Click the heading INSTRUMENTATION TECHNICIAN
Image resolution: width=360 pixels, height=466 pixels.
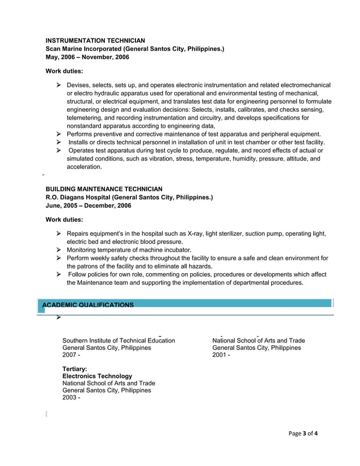pyautogui.click(x=95, y=41)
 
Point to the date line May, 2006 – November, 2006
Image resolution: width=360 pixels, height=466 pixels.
pyautogui.click(x=87, y=58)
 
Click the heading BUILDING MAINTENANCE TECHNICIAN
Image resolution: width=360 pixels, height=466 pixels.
pyautogui.click(x=104, y=189)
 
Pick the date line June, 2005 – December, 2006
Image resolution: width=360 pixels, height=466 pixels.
pyautogui.click(x=88, y=206)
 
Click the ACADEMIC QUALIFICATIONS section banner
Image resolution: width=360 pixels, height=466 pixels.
pyautogui.click(x=88, y=305)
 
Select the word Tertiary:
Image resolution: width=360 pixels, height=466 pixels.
pyautogui.click(x=74, y=368)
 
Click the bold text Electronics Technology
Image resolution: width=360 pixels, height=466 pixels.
pyautogui.click(x=97, y=376)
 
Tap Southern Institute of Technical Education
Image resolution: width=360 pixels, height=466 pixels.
pyautogui.click(x=118, y=341)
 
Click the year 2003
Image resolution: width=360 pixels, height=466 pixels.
pyautogui.click(x=69, y=398)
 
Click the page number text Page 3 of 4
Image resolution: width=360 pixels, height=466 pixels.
pyautogui.click(x=303, y=434)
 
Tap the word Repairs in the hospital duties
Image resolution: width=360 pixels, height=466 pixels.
pyautogui.click(x=78, y=234)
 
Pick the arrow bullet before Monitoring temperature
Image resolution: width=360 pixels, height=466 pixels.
pyautogui.click(x=59, y=249)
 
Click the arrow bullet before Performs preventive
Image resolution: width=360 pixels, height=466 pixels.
pyautogui.click(x=59, y=134)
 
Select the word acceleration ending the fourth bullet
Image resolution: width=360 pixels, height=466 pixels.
pyautogui.click(x=84, y=167)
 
